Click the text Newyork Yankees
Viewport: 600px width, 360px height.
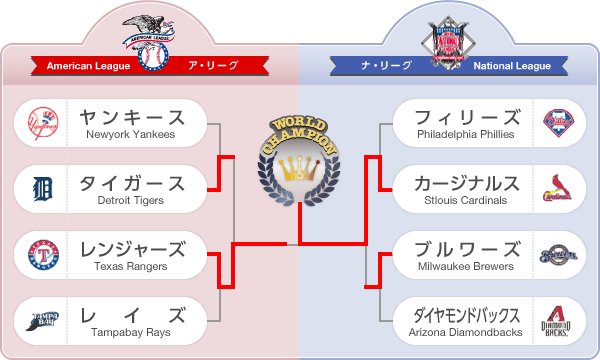click(x=131, y=135)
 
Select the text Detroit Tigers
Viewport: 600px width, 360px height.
click(x=131, y=201)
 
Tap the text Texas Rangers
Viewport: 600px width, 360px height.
click(x=131, y=267)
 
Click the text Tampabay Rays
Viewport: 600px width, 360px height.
click(x=131, y=332)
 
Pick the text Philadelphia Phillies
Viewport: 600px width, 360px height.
click(x=466, y=135)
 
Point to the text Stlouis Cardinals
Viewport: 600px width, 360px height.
click(x=466, y=201)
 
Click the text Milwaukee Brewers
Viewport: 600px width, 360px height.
click(x=466, y=267)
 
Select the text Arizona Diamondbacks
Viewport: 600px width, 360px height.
click(x=466, y=332)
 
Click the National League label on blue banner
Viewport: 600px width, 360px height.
click(x=512, y=66)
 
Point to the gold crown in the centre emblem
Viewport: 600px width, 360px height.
click(x=299, y=167)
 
